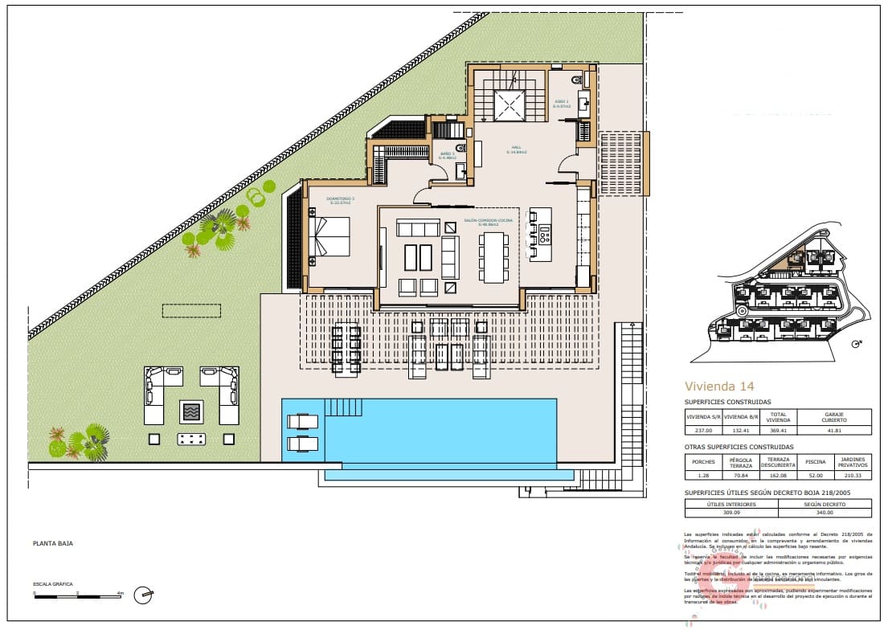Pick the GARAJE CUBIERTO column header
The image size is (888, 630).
click(835, 418)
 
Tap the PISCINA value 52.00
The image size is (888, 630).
click(815, 475)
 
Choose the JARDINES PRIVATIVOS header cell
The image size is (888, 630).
click(853, 462)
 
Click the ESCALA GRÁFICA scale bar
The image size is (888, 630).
click(77, 595)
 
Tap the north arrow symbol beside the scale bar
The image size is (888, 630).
click(145, 595)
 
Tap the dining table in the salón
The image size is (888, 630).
click(493, 257)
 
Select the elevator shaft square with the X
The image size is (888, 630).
click(508, 105)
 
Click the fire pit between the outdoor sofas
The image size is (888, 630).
click(191, 412)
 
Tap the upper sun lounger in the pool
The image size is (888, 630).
click(302, 422)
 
